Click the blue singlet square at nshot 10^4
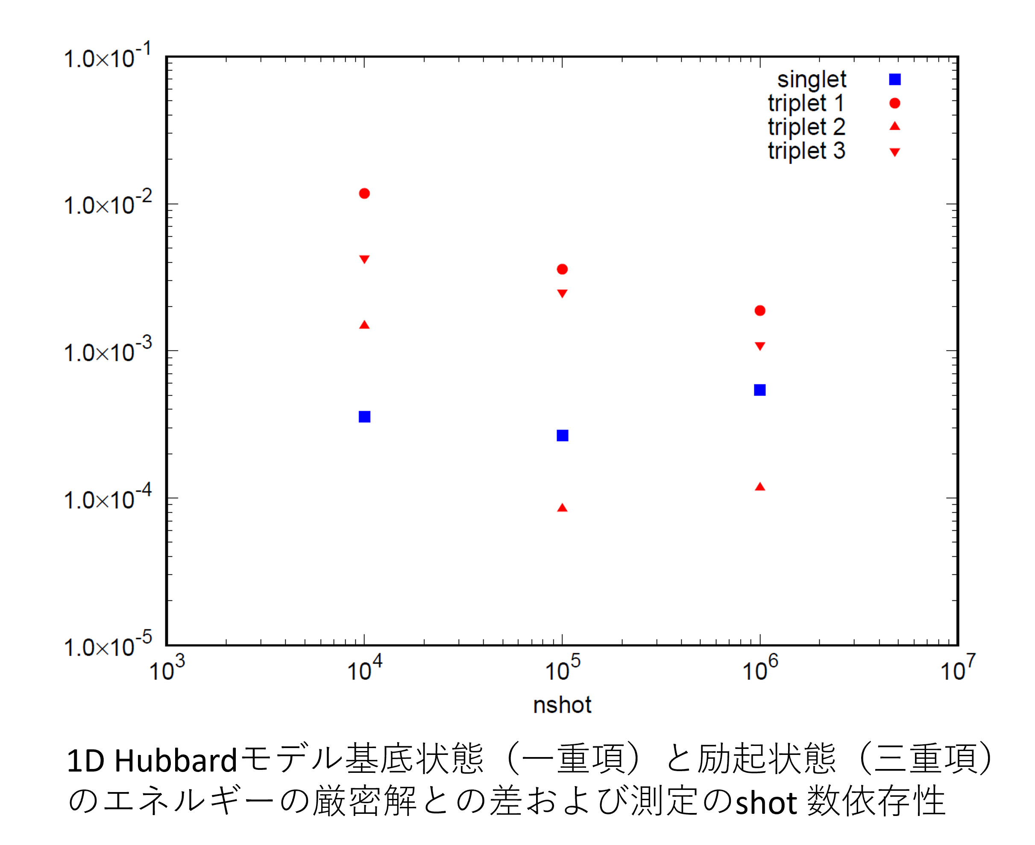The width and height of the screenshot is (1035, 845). click(364, 417)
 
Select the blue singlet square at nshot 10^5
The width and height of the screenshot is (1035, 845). click(562, 435)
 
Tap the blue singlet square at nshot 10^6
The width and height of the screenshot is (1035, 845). click(759, 390)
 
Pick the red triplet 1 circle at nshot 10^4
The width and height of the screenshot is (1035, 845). click(364, 194)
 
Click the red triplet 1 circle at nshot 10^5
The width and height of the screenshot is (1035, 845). click(562, 269)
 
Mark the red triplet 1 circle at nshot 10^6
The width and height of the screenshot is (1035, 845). click(759, 310)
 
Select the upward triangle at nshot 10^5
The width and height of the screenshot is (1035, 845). click(562, 508)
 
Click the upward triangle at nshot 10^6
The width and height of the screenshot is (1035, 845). click(759, 487)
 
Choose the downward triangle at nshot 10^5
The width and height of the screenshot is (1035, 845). click(562, 293)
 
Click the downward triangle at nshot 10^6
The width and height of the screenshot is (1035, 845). click(759, 346)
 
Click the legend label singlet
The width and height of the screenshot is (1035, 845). click(812, 80)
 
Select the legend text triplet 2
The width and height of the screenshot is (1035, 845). click(806, 127)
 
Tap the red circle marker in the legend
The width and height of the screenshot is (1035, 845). click(895, 103)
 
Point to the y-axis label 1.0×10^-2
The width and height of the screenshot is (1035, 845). click(108, 204)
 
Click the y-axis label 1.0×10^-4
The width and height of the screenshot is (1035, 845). click(108, 498)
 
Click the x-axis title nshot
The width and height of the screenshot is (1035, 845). click(562, 705)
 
